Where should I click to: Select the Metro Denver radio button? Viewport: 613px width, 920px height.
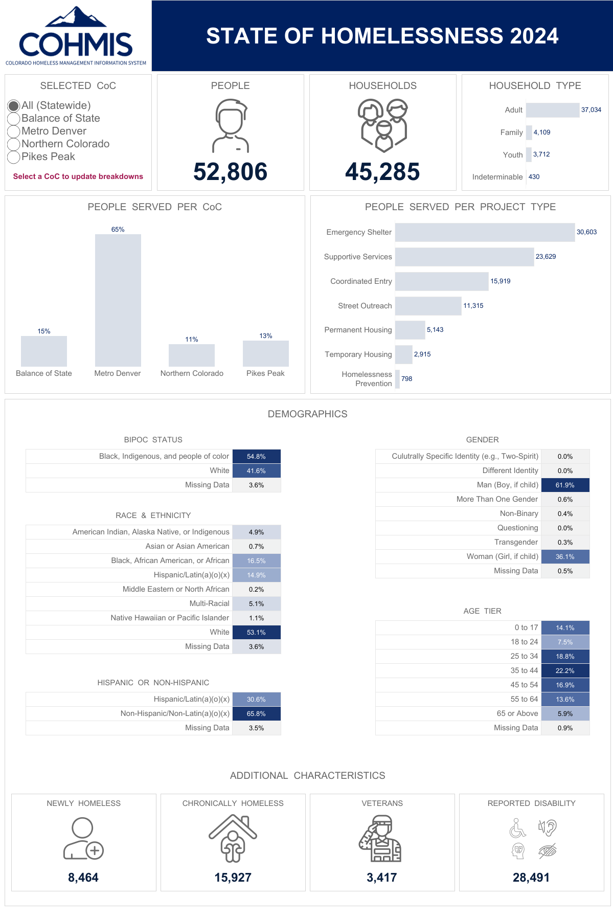14,131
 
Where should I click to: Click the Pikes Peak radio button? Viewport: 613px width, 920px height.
14,157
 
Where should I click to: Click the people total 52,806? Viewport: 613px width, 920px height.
230,172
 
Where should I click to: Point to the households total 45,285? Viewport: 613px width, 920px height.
382,172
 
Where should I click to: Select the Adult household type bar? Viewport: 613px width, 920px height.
552,110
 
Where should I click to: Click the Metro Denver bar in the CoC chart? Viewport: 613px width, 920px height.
118,300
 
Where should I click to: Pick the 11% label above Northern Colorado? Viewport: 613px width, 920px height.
192,340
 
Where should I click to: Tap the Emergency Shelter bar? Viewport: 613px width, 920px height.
485,232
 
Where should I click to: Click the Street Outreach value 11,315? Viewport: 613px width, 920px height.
473,306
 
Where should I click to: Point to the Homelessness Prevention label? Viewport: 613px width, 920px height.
367,379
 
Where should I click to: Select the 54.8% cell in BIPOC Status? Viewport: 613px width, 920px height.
256,457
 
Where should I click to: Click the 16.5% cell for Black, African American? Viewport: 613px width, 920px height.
256,561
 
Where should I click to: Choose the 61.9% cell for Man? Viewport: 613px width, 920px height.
565,485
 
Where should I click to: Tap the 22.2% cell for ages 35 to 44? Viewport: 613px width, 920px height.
565,671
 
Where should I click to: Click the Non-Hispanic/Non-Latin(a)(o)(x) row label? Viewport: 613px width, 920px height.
175,713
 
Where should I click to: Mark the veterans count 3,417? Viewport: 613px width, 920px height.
381,878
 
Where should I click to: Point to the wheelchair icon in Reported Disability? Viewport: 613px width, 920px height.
517,828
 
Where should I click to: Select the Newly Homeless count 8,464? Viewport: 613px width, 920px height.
83,878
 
